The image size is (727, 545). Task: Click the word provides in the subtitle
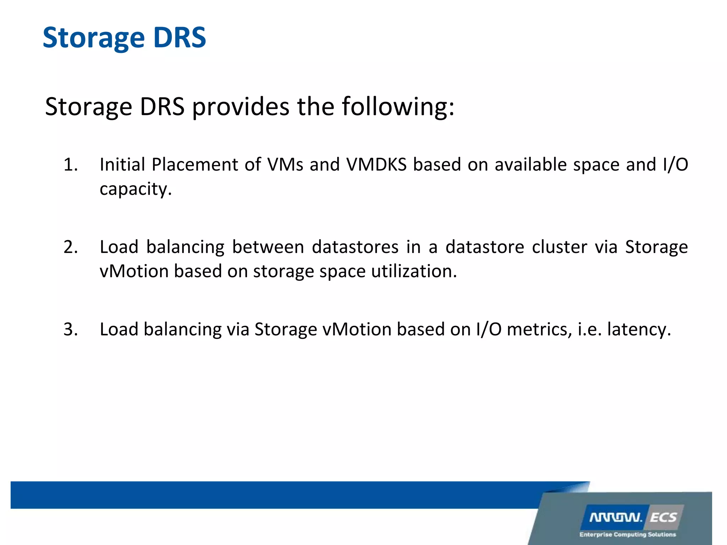(241, 106)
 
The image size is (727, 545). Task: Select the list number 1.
(71, 165)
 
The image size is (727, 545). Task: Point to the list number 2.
(71, 247)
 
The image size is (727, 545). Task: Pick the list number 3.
(71, 329)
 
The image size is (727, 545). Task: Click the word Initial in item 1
(122, 165)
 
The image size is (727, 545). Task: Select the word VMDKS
(376, 165)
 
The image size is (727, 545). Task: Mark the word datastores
(355, 247)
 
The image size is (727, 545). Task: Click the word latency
(639, 329)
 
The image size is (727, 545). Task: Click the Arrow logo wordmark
(616, 518)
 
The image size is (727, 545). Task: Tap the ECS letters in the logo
(663, 518)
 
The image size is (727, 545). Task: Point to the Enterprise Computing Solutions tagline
(628, 534)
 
